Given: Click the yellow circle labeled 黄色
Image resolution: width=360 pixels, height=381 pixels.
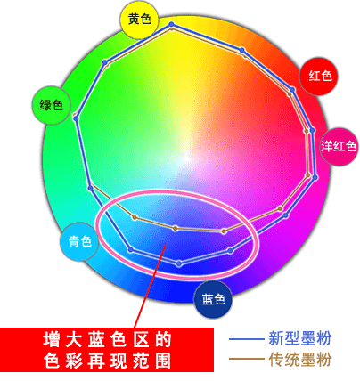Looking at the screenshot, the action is pyautogui.click(x=139, y=20).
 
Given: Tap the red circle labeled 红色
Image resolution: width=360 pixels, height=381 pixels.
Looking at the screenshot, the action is pyautogui.click(x=319, y=76).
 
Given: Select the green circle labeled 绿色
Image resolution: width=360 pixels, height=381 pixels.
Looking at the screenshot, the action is pyautogui.click(x=51, y=105).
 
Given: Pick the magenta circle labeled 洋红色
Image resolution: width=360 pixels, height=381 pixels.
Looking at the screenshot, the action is pyautogui.click(x=339, y=146).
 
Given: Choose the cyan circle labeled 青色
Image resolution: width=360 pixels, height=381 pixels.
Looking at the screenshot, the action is pyautogui.click(x=79, y=241).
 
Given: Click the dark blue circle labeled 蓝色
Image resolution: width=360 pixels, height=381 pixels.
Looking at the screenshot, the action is pyautogui.click(x=213, y=299).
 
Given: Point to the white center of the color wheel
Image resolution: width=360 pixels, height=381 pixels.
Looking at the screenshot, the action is pyautogui.click(x=186, y=158).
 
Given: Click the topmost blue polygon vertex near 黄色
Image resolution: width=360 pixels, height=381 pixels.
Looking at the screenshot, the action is pyautogui.click(x=171, y=24).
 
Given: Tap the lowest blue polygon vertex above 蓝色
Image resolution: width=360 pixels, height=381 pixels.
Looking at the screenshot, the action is pyautogui.click(x=179, y=263).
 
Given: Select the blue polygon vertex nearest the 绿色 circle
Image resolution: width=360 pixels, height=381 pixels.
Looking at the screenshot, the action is pyautogui.click(x=76, y=118).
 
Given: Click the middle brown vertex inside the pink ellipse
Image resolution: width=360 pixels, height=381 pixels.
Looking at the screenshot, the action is pyautogui.click(x=176, y=228).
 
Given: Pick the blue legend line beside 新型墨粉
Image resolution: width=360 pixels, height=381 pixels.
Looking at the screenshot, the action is pyautogui.click(x=247, y=339).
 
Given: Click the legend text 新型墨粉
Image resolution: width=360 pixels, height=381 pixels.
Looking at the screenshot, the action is pyautogui.click(x=300, y=338).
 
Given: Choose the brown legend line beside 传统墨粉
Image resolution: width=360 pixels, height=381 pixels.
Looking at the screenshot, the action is pyautogui.click(x=247, y=360).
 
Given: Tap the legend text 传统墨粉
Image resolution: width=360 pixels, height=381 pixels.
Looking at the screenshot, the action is pyautogui.click(x=300, y=360).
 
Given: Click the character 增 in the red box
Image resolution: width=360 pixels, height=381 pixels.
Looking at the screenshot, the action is pyautogui.click(x=51, y=339).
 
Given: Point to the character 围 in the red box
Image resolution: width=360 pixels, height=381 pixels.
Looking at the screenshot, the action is pyautogui.click(x=163, y=361).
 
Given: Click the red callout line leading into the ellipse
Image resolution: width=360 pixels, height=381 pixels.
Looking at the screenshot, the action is pyautogui.click(x=150, y=286).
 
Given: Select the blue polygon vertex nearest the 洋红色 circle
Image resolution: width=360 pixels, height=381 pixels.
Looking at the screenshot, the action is pyautogui.click(x=312, y=130).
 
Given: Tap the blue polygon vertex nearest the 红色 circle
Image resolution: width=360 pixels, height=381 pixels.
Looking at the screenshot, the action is pyautogui.click(x=292, y=89).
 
